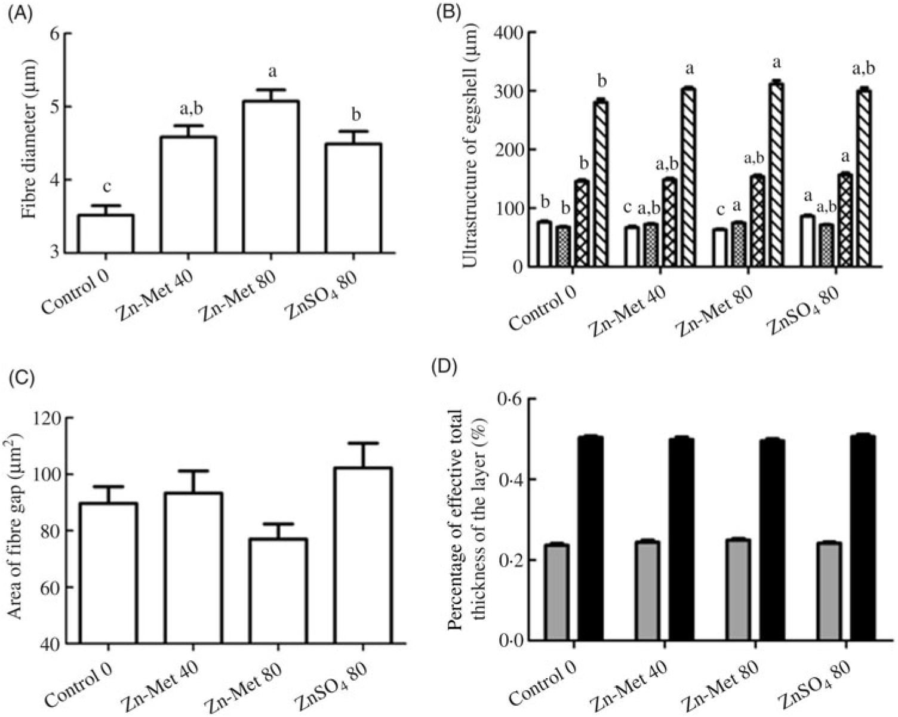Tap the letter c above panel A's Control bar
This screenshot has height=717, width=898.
[106, 187]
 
